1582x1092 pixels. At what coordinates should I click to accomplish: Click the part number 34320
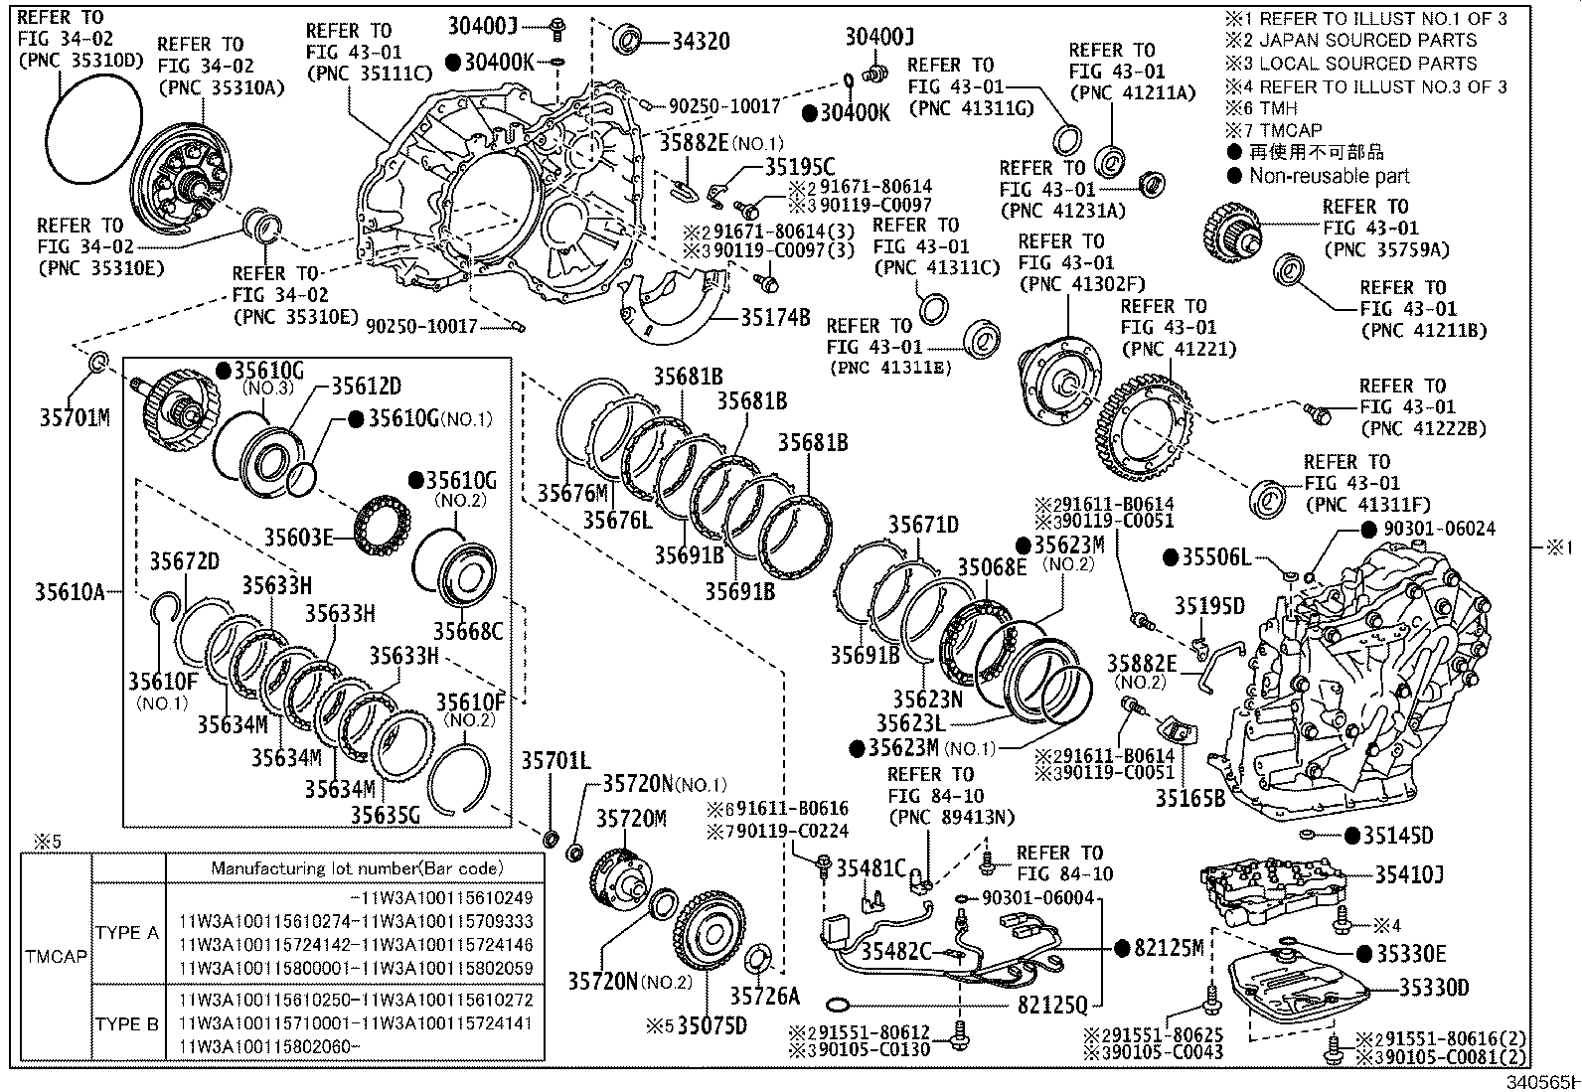701,41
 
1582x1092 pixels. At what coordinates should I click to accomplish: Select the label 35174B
775,318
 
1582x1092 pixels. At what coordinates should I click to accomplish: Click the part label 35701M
74,417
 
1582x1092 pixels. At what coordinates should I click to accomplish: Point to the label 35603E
297,538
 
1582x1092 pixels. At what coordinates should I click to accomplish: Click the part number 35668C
467,631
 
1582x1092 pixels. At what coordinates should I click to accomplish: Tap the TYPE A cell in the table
127,932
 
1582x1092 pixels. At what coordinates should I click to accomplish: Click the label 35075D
712,1024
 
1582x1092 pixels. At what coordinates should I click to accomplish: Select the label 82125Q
1052,1006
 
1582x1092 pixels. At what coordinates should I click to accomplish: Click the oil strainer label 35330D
1434,987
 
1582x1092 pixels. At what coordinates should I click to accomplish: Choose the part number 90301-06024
1437,529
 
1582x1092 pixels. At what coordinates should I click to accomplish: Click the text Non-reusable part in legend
1329,176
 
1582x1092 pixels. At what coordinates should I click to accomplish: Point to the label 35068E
992,567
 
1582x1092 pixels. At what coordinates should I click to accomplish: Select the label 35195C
800,167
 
